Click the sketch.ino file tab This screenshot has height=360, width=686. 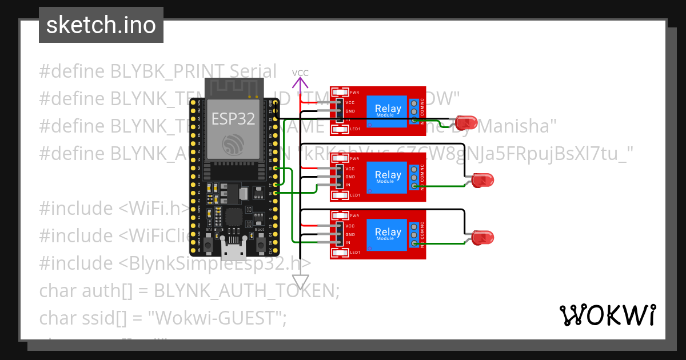coord(101,25)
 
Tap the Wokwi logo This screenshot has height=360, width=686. coord(607,315)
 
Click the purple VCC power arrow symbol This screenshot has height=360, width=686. coord(300,85)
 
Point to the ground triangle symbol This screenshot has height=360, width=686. coord(300,282)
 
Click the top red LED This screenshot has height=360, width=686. coord(466,122)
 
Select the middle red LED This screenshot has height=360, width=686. coord(482,181)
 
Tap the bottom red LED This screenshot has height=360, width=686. coord(482,237)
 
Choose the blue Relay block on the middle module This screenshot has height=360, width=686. coord(388,177)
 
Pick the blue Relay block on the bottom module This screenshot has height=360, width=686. coord(388,233)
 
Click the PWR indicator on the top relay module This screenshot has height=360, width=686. coord(341,92)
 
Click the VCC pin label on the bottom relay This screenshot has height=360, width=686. coord(350,226)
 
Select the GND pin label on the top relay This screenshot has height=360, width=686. coord(350,111)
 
